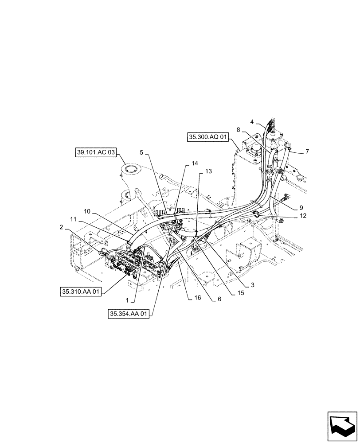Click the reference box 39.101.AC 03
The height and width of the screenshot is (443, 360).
(96, 153)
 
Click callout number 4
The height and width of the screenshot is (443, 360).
(252, 122)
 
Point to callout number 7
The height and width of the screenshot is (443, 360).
(307, 152)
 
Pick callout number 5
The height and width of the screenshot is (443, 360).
(141, 152)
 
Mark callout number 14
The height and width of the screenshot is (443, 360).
(194, 163)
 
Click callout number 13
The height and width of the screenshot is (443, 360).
(208, 171)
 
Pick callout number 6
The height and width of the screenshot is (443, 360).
(219, 299)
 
